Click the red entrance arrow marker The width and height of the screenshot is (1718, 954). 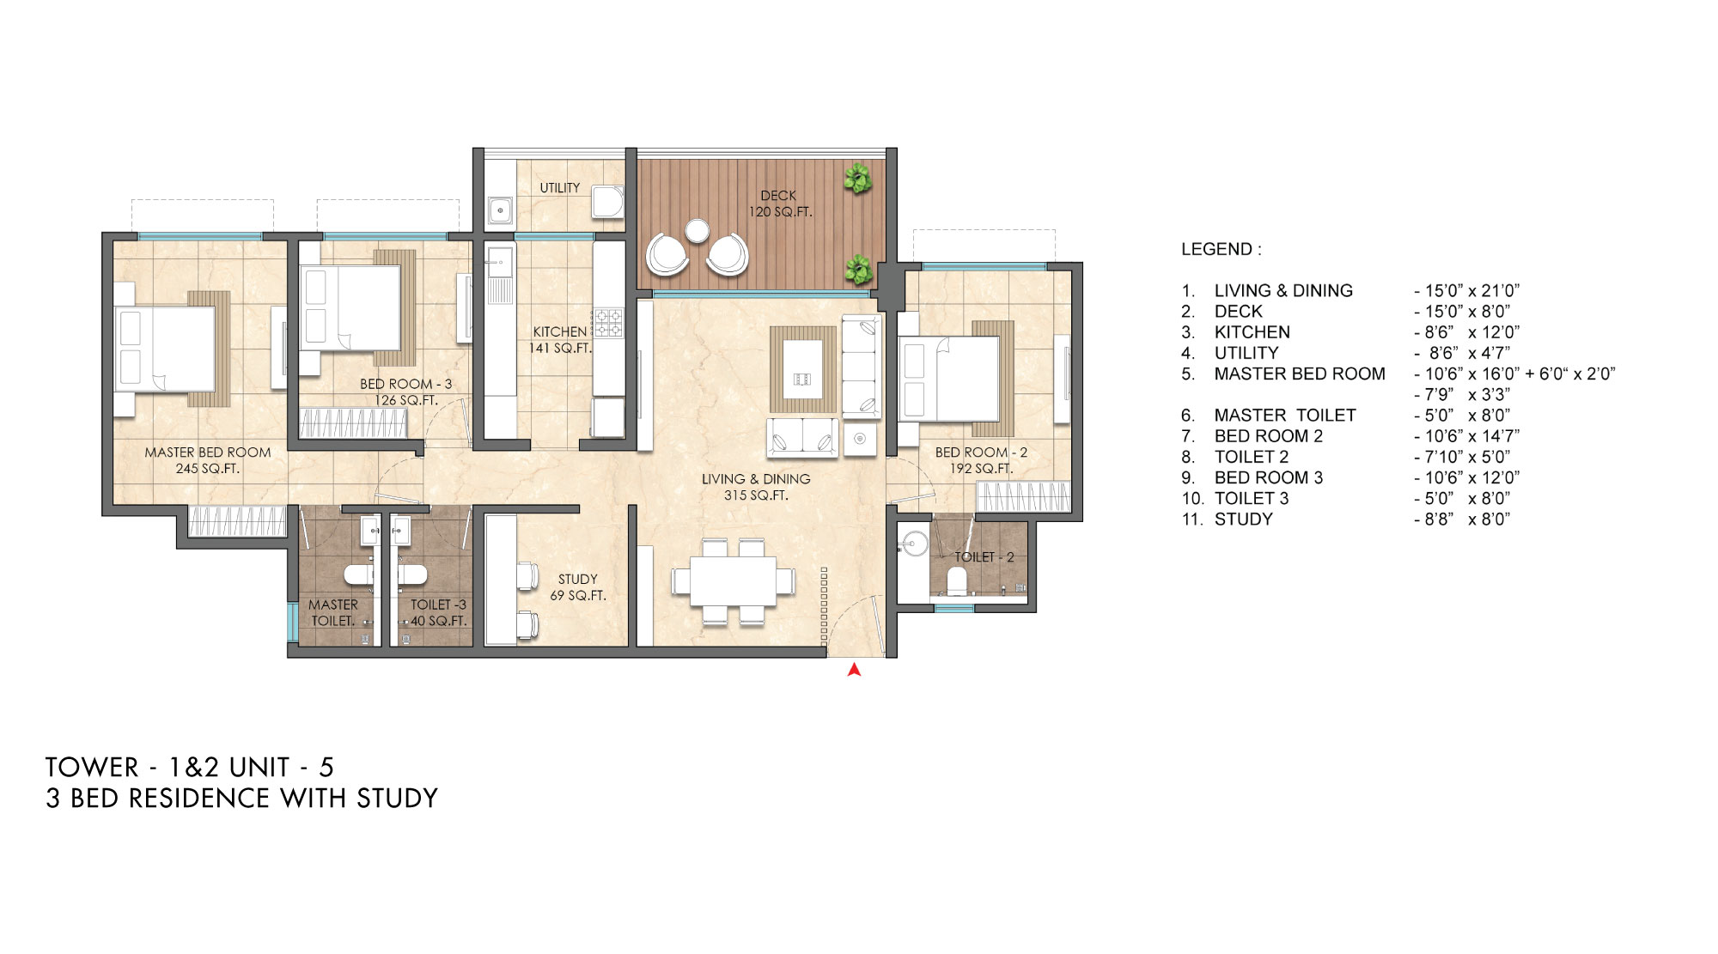coord(854,670)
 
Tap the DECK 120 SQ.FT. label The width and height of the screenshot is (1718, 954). coord(779,204)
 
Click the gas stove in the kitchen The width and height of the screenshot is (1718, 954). coord(609,324)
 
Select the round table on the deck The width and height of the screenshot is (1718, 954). coord(697,230)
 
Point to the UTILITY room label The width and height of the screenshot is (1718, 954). coord(559,187)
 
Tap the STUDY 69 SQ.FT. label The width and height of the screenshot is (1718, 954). coord(577,587)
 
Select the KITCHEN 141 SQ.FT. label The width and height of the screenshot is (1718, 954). coord(560,339)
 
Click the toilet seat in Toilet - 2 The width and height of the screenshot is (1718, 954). coord(955,581)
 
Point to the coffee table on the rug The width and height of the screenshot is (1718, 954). coord(803,369)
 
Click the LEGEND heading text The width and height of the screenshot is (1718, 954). coord(1221,250)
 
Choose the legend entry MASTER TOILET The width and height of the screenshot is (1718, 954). coord(1284,416)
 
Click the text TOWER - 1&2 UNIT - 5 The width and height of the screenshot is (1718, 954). coord(189,767)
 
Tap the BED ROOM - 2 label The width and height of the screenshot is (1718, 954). coord(980,460)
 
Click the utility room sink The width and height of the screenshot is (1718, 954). coord(500,210)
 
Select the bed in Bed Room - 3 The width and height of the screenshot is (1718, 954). coord(350,307)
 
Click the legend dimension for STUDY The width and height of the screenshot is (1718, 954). coord(1461,520)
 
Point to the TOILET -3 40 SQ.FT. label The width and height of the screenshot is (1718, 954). coord(438,613)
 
